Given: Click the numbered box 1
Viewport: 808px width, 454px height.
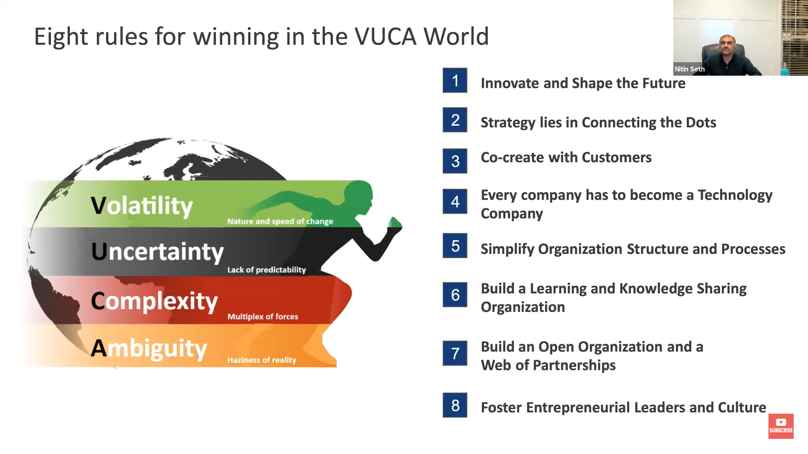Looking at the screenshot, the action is point(455,80).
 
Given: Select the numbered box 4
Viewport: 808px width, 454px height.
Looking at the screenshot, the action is point(455,201).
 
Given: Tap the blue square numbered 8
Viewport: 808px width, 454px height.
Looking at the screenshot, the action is point(455,405).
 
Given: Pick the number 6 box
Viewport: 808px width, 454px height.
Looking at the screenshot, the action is point(455,295).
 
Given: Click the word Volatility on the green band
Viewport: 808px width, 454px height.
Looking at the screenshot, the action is point(142,206).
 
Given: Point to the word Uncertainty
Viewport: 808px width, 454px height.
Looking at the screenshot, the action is point(157,252).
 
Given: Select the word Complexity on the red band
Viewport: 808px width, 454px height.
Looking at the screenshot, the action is point(154,301).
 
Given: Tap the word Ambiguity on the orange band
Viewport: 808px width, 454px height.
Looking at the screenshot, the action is point(149,349).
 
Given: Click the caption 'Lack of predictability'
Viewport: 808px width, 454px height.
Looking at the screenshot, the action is point(267,270).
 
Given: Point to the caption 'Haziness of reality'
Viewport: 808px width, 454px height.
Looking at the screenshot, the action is point(262,360).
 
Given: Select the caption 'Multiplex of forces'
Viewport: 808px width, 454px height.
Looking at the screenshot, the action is point(263,317).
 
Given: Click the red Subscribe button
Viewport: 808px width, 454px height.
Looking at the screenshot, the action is point(781,426).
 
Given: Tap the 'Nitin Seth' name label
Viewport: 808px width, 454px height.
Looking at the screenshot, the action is point(689,69).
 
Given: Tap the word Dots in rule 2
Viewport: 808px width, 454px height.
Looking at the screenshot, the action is point(701,122).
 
